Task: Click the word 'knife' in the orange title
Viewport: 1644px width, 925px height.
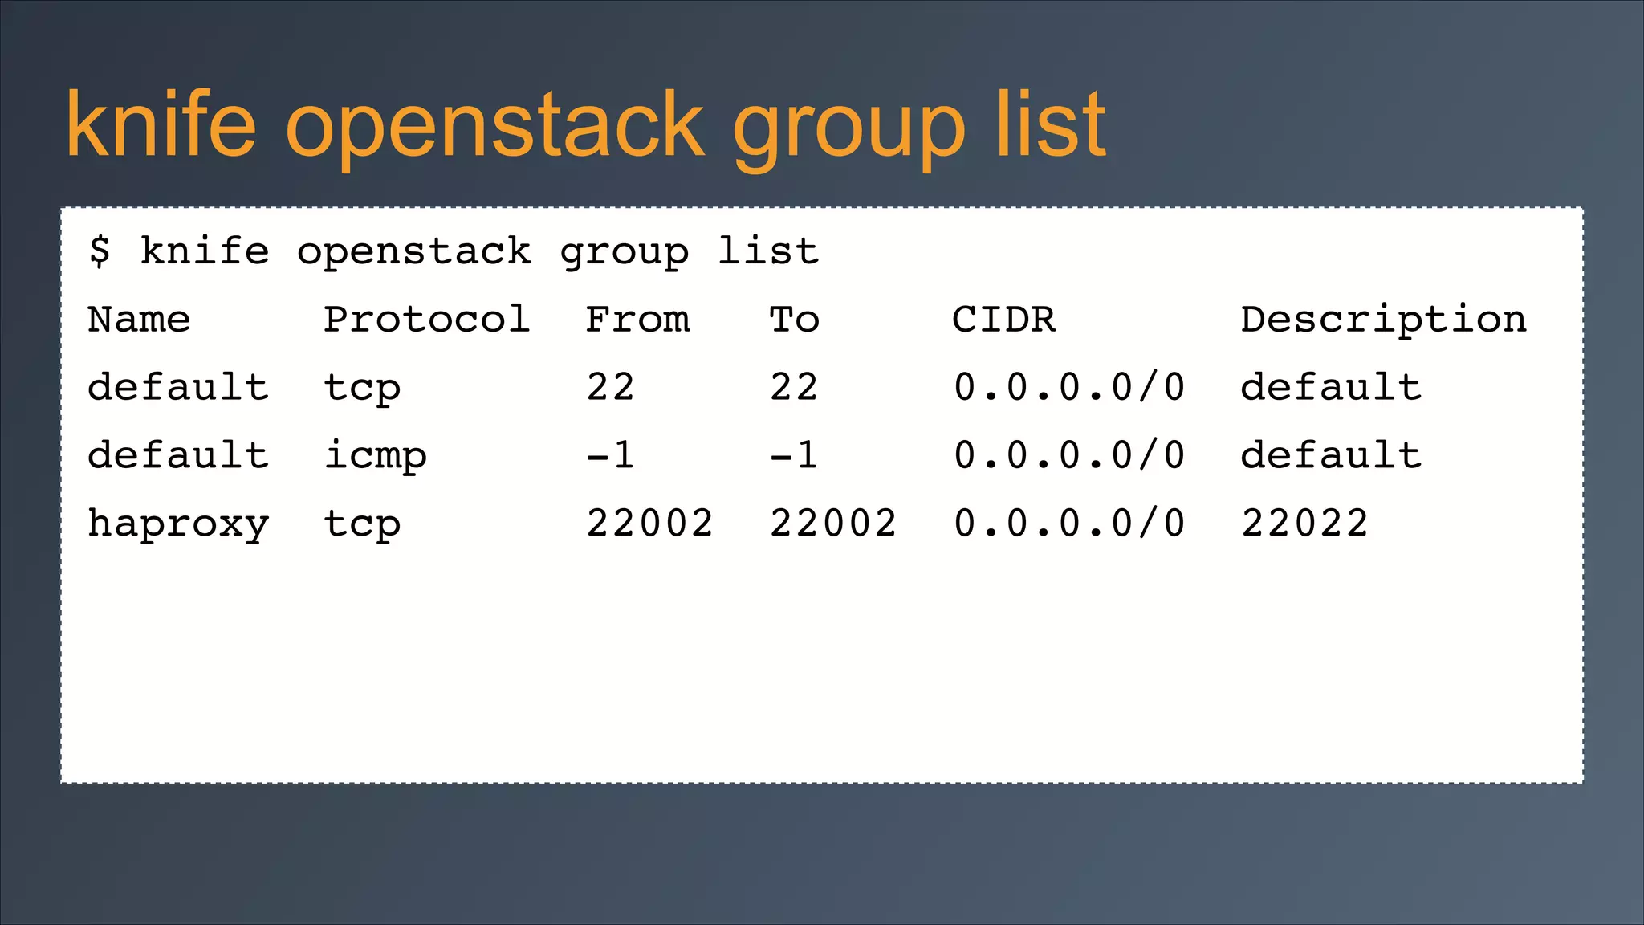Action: (x=161, y=124)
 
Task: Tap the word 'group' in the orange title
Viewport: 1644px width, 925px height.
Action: (x=848, y=128)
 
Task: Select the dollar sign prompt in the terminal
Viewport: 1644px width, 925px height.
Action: (x=100, y=251)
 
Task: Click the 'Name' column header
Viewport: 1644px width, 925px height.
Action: (x=139, y=320)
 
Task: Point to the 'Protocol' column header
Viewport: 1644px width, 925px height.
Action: (x=426, y=320)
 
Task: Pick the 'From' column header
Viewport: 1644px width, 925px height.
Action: (x=637, y=320)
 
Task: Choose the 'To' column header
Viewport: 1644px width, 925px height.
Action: (x=794, y=320)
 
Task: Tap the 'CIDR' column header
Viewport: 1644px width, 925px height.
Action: (x=1003, y=320)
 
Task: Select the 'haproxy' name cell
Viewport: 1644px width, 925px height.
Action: (x=178, y=525)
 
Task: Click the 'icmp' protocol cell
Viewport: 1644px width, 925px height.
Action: (x=375, y=457)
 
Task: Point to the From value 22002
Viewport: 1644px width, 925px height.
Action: (x=649, y=524)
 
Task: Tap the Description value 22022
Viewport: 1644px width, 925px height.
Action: (x=1304, y=524)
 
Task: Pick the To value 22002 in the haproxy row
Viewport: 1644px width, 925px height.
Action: (x=833, y=524)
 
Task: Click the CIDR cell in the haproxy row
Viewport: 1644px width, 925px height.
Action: (x=1069, y=524)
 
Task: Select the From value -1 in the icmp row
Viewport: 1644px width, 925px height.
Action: (x=610, y=456)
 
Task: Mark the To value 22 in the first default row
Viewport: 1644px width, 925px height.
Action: (x=794, y=388)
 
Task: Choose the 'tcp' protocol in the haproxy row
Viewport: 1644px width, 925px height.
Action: (x=362, y=525)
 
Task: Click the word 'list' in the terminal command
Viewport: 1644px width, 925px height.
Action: (x=768, y=251)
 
